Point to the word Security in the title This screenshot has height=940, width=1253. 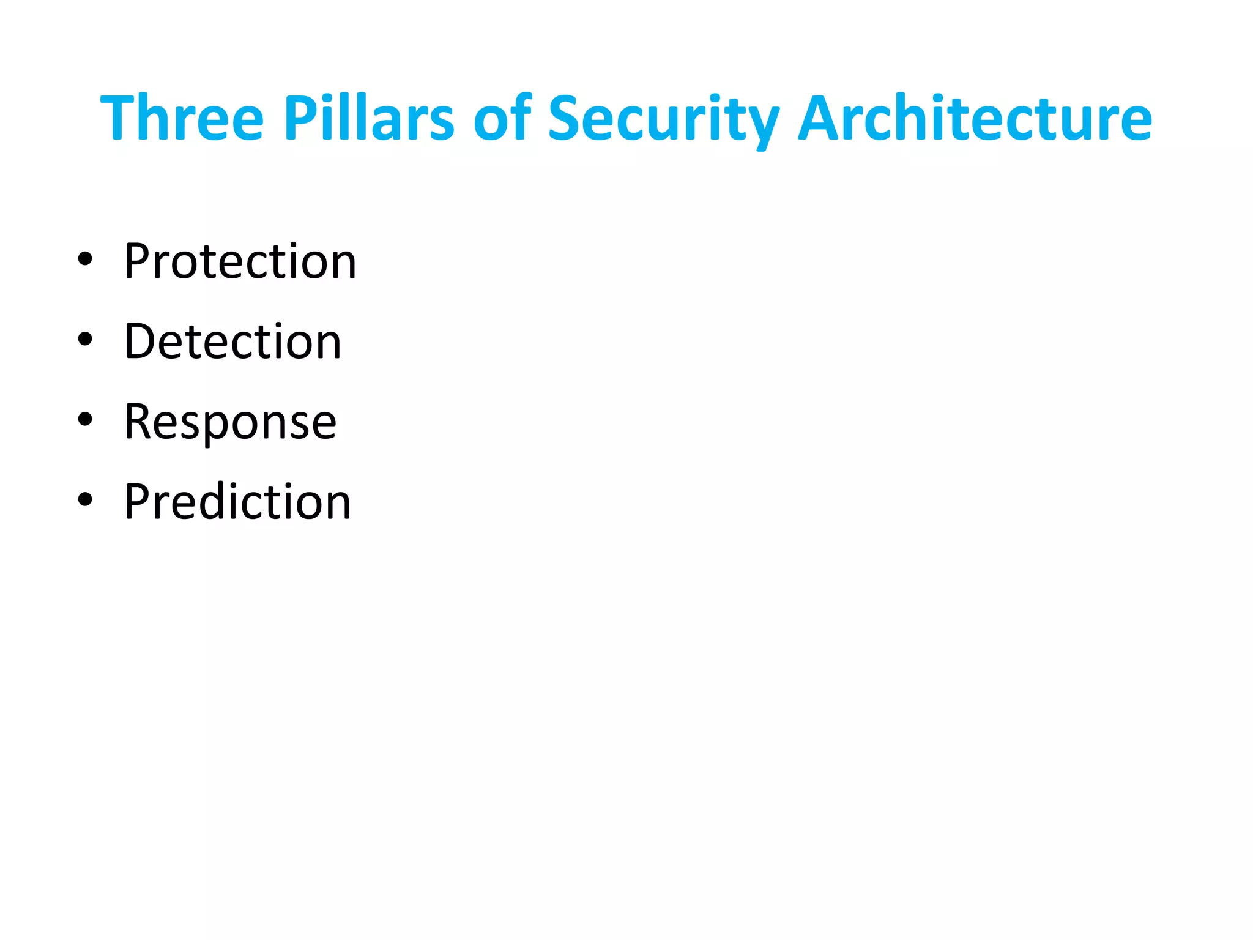tap(663, 119)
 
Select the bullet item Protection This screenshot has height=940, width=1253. tap(240, 261)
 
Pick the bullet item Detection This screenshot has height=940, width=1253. tap(232, 341)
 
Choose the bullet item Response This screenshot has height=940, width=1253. tap(230, 422)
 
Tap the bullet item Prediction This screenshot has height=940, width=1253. tap(237, 502)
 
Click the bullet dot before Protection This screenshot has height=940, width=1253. tap(85, 259)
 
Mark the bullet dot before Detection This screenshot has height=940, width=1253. tap(85, 340)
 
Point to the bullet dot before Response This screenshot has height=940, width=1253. tap(85, 420)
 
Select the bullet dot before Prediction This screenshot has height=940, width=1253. tap(85, 500)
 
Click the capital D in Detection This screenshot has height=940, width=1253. tap(139, 341)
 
